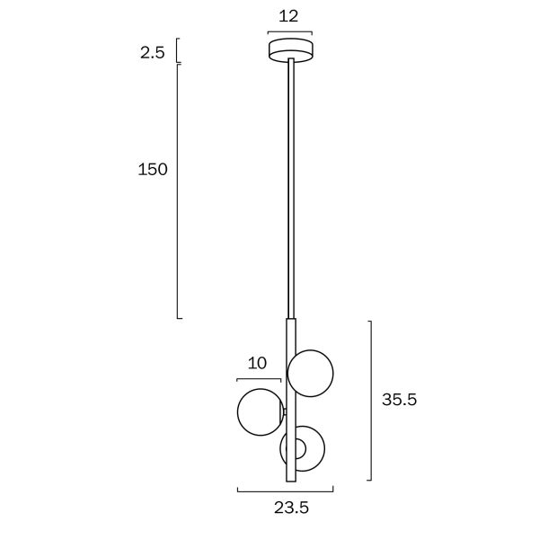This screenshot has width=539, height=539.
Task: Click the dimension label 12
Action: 288,15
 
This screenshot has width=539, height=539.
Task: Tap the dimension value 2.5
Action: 152,52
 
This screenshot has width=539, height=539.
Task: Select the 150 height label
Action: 152,169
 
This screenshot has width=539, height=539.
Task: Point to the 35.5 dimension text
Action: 399,400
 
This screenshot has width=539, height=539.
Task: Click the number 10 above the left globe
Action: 257,363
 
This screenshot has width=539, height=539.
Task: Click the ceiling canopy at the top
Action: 291,49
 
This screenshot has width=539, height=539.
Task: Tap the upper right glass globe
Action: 311,372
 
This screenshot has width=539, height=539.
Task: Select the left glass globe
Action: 260,412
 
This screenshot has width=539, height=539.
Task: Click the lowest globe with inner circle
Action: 303,448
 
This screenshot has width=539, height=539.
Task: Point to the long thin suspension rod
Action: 290,189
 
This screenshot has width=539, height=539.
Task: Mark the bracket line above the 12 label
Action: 290,33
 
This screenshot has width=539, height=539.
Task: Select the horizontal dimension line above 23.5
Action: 285,491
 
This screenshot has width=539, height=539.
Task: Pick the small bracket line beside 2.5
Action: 178,50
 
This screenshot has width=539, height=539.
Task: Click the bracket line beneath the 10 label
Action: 259,380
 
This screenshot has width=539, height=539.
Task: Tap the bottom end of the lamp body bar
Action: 290,478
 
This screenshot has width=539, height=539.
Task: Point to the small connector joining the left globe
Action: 284,412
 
